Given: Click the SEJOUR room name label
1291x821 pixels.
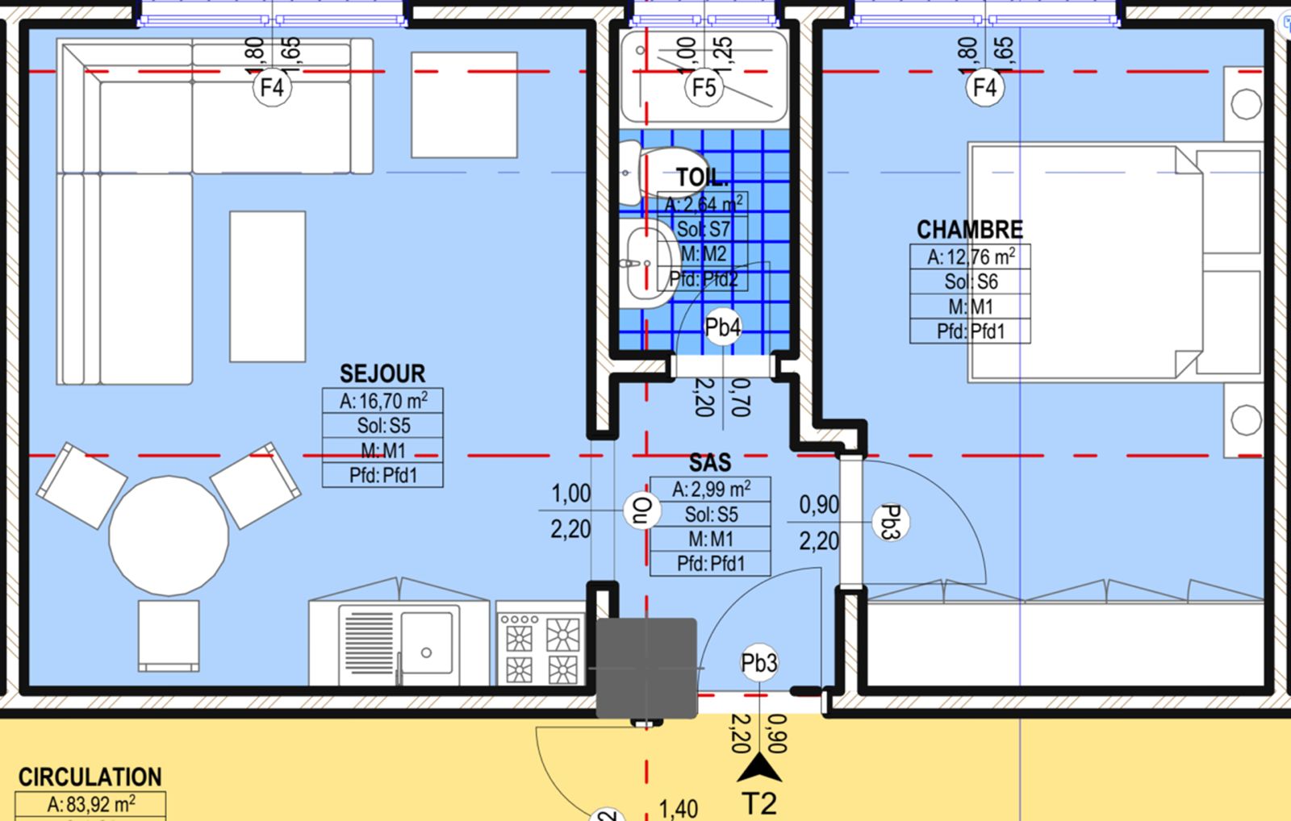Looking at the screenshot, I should [x=382, y=373].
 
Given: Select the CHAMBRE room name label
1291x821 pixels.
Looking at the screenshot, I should [x=969, y=230].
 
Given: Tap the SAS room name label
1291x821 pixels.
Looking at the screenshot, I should [x=709, y=462].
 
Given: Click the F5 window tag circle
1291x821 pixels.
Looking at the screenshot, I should [x=704, y=87].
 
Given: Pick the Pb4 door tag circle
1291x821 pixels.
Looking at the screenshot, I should [x=722, y=327].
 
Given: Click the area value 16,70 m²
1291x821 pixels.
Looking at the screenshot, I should [x=383, y=401].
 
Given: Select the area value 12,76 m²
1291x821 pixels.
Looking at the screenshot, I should [x=971, y=257].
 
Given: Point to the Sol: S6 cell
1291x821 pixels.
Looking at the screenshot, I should [x=971, y=281].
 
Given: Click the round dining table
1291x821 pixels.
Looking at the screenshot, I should [x=169, y=536].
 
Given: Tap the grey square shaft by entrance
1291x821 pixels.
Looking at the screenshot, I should [x=646, y=668].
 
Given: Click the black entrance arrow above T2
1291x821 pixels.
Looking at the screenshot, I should [x=758, y=769].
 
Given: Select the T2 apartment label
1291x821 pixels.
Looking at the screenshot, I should [x=758, y=804].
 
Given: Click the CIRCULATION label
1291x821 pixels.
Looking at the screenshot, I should [x=90, y=777].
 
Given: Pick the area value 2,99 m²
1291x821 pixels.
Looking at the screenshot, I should [x=711, y=490].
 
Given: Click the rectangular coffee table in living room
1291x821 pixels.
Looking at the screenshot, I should [x=267, y=286].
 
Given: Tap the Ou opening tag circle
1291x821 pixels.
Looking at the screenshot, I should [x=642, y=511].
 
